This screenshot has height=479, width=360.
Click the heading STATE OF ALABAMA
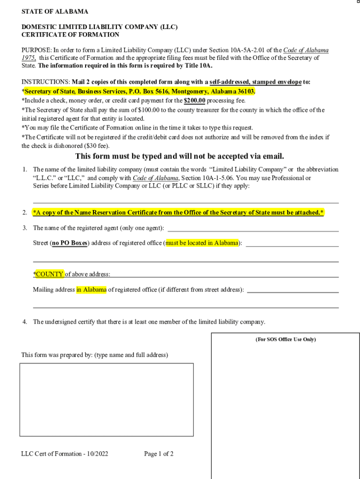tap(55, 12)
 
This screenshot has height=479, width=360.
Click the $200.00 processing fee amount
tap(194, 101)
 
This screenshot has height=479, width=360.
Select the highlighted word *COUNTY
tap(48, 274)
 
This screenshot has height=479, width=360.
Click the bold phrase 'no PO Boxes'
tap(70, 243)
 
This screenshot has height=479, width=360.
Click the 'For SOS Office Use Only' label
tap(285, 340)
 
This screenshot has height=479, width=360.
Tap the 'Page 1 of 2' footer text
tap(159, 454)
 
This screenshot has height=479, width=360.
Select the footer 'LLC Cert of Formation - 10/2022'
tap(65, 454)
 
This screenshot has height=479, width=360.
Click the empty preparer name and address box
tap(106, 399)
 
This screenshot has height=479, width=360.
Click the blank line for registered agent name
tap(253, 230)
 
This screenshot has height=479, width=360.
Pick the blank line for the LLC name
tap(186, 202)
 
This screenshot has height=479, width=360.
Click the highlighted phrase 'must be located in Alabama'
tap(202, 243)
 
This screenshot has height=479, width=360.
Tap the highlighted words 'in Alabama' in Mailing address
tap(92, 290)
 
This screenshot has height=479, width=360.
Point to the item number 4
tap(24, 322)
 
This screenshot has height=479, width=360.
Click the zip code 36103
tap(245, 92)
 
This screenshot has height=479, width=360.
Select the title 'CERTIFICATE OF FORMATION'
tap(70, 35)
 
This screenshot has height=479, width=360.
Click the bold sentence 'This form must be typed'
tap(180, 156)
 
